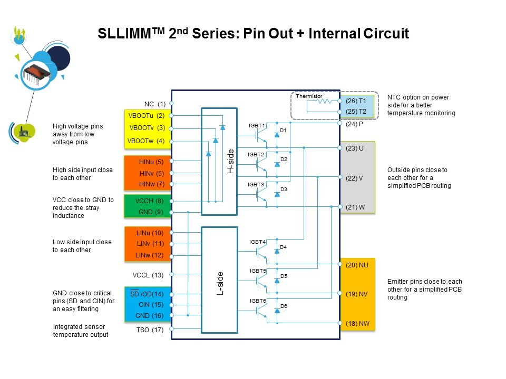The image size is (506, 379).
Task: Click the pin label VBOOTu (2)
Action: pos(147,115)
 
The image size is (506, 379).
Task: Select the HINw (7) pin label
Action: pos(152,184)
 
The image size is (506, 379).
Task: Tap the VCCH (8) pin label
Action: pos(150,201)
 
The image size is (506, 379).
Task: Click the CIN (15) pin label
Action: pos(151,304)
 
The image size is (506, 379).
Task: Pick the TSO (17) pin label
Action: pos(150,331)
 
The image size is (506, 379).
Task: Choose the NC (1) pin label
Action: pos(155,104)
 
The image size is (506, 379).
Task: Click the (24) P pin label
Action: pos(355,125)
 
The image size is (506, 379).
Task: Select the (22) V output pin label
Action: pos(354,178)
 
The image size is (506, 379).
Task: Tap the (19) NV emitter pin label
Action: pos(357,295)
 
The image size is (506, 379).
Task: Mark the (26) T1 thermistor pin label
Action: pos(356,101)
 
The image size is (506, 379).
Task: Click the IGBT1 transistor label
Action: pos(257,125)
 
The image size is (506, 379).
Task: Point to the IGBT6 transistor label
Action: pos(258,301)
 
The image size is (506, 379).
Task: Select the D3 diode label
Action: pos(284,189)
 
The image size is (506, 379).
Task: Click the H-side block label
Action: pos(230,161)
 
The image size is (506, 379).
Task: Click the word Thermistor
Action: pos(309,96)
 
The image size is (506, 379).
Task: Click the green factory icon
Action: pos(24,132)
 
